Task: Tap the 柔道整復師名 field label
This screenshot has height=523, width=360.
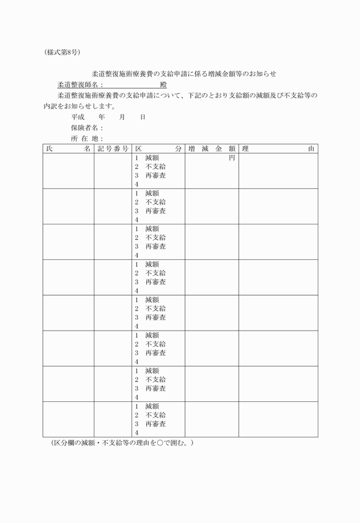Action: (x=78, y=85)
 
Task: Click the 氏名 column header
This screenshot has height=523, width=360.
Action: (x=68, y=148)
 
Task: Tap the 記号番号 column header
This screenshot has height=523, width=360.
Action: (x=113, y=148)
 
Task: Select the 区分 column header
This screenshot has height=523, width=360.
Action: (x=158, y=148)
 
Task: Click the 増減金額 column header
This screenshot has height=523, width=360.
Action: (x=211, y=148)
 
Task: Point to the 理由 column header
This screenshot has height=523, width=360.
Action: (x=278, y=148)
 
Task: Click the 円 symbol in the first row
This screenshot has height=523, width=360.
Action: (x=232, y=158)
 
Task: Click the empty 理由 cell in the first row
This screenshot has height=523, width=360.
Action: (x=278, y=171)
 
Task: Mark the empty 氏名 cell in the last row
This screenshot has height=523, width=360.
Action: (x=68, y=420)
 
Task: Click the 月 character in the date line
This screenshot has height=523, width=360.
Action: (x=122, y=116)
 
